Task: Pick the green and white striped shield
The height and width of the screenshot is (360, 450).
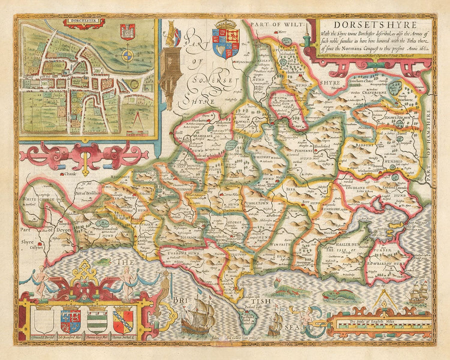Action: coord(96,320)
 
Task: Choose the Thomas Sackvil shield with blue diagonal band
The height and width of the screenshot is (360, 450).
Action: coord(123,320)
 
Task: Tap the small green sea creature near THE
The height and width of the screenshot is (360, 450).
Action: coord(104,260)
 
